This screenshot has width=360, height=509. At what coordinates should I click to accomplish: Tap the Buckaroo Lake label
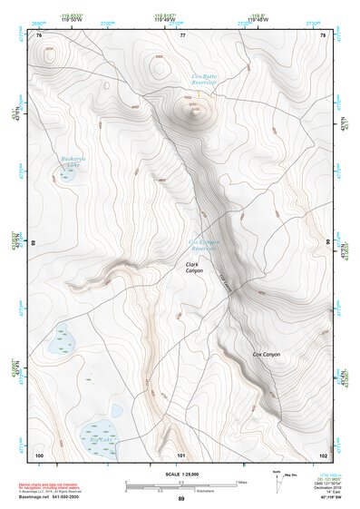point(72,162)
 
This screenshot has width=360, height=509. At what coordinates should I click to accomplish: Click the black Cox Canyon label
point(266,353)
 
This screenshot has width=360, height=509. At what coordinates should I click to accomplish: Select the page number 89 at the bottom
point(181,499)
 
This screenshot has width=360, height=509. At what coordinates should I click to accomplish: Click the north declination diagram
point(277,478)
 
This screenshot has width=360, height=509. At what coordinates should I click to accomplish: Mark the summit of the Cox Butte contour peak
point(192,113)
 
